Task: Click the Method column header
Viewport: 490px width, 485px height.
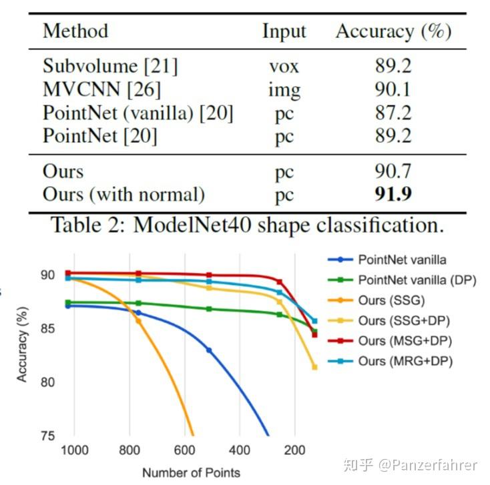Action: pyautogui.click(x=75, y=31)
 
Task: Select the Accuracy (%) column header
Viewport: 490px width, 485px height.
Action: pyautogui.click(x=393, y=31)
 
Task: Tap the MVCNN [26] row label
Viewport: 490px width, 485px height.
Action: pyautogui.click(x=101, y=89)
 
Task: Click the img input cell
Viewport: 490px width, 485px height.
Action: pyautogui.click(x=284, y=89)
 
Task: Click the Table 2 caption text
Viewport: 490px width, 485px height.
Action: pyautogui.click(x=248, y=225)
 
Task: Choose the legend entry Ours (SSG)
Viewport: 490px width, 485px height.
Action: pyautogui.click(x=391, y=300)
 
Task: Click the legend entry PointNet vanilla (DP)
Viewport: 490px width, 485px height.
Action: pyautogui.click(x=417, y=280)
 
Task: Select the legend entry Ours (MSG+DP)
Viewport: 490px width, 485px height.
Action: pyautogui.click(x=405, y=341)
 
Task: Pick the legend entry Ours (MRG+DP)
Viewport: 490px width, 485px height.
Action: pyautogui.click(x=405, y=361)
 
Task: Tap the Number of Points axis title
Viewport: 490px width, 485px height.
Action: pyautogui.click(x=191, y=472)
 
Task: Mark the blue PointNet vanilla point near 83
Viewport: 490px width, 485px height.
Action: pyautogui.click(x=209, y=350)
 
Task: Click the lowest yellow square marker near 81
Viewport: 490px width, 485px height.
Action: pyautogui.click(x=314, y=367)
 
